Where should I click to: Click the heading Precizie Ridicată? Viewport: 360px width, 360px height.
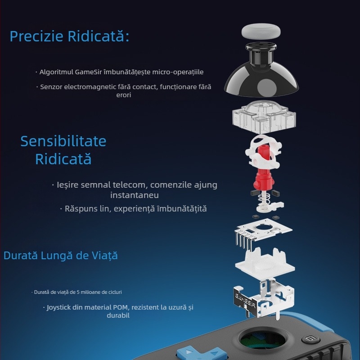click(69, 36)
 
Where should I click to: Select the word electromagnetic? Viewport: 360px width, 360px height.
click(90, 87)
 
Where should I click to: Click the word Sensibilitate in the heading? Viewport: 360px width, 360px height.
click(63, 141)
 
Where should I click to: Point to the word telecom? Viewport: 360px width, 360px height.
click(130, 184)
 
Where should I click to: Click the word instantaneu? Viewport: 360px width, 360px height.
click(135, 195)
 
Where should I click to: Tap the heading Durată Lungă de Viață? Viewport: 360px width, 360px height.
click(61, 256)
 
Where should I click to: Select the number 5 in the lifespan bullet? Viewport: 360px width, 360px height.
click(78, 292)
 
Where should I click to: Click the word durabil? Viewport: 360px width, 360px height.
click(118, 315)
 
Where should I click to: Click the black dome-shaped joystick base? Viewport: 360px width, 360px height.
click(261, 73)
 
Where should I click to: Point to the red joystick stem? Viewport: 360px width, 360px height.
click(263, 170)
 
